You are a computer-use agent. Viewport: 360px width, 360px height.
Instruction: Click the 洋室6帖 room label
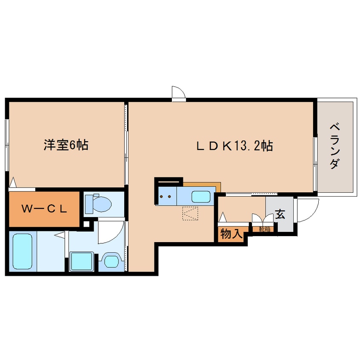[x=66, y=146]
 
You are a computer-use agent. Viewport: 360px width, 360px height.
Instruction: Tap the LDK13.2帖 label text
[x=234, y=146]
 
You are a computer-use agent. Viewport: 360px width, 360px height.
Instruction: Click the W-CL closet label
[x=45, y=209]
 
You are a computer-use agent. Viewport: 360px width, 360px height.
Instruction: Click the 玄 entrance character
[x=280, y=214]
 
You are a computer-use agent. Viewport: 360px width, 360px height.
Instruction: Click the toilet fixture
[x=99, y=204]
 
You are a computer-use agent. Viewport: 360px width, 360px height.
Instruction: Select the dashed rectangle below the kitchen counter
[x=190, y=213]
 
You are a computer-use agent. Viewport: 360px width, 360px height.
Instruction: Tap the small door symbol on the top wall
[x=178, y=93]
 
